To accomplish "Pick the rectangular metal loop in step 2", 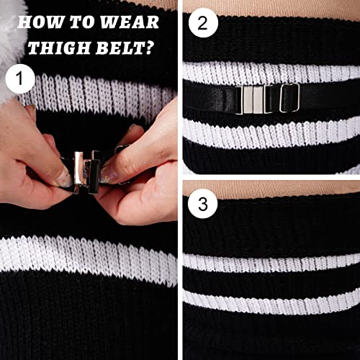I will click(289, 96).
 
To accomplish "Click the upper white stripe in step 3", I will click(270, 264).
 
